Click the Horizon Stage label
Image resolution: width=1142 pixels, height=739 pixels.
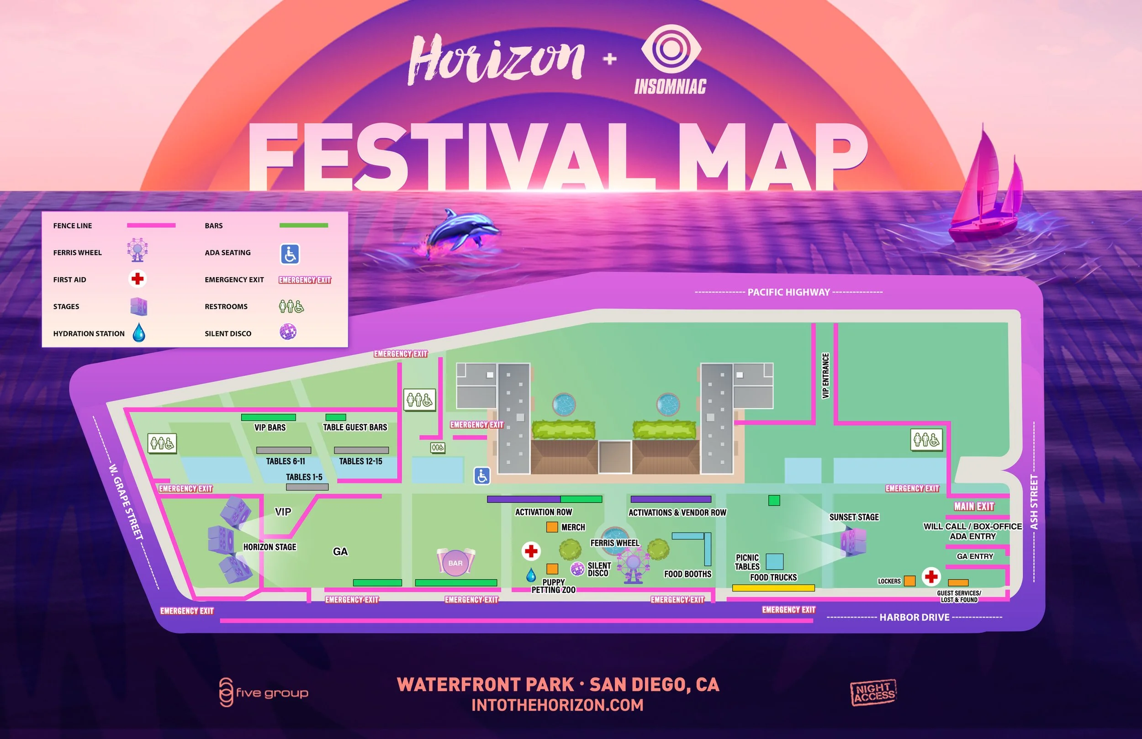[x=270, y=547]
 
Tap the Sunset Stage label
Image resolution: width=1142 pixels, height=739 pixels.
[x=854, y=517]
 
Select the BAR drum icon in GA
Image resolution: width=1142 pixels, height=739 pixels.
[x=455, y=562]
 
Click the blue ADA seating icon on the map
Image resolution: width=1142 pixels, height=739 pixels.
[x=482, y=475]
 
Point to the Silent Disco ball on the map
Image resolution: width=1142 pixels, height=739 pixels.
[x=577, y=569]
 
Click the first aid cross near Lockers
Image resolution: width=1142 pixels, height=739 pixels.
[x=931, y=576]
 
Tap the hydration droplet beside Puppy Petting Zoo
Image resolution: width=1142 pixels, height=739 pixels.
[x=531, y=575]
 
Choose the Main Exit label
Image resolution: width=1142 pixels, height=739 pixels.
[x=974, y=507]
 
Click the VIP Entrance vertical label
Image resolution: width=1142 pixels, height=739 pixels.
[x=826, y=376]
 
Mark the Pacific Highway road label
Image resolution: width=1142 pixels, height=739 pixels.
[x=788, y=292]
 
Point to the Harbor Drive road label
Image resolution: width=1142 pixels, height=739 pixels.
[x=914, y=618]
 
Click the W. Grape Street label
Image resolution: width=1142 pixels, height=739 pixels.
[x=126, y=501]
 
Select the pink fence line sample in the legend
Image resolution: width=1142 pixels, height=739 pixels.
[x=151, y=226]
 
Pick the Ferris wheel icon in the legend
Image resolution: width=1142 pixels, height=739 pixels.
[x=137, y=250]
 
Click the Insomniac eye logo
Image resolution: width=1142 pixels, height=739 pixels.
[x=671, y=50]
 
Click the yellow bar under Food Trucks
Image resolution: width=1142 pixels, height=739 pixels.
[x=773, y=588]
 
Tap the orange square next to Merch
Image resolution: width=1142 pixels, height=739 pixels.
[x=552, y=527]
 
